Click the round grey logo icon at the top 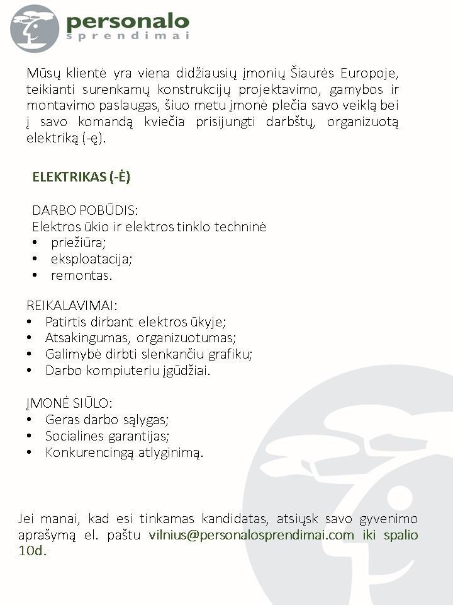pos(35,28)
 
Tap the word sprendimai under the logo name pos(127,37)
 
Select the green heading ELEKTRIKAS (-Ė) pos(81,177)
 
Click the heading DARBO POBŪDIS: pos(85,210)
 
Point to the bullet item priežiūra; pos(79,243)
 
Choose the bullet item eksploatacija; pos(92,259)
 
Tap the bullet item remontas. pos(82,275)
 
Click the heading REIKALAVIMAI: pos(72,306)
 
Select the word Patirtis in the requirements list pos(64,322)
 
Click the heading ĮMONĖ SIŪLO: pos(69,403)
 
